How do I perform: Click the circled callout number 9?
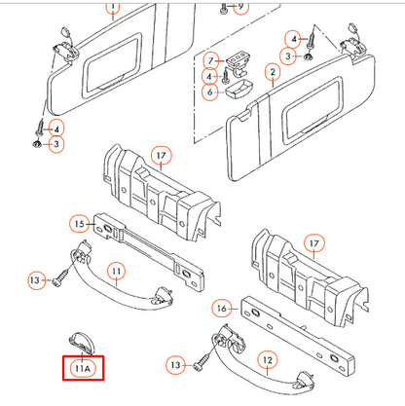tap(240, 7)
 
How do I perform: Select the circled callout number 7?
tap(211, 60)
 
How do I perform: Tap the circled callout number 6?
tap(210, 92)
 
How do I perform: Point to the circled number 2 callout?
tap(273, 72)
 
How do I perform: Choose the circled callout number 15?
tap(79, 224)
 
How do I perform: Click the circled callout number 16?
tap(222, 308)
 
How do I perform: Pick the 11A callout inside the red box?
tap(83, 368)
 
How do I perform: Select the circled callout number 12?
tap(268, 360)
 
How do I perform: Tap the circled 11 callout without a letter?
tap(116, 271)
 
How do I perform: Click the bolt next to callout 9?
tap(224, 9)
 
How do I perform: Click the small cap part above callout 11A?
tap(82, 342)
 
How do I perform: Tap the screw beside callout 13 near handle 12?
tap(202, 362)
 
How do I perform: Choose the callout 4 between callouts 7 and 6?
tap(209, 77)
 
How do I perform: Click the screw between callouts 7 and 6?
tap(226, 75)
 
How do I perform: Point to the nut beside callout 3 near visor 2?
tap(307, 56)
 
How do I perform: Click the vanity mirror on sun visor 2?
tap(313, 109)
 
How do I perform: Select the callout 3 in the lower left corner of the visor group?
tap(56, 144)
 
